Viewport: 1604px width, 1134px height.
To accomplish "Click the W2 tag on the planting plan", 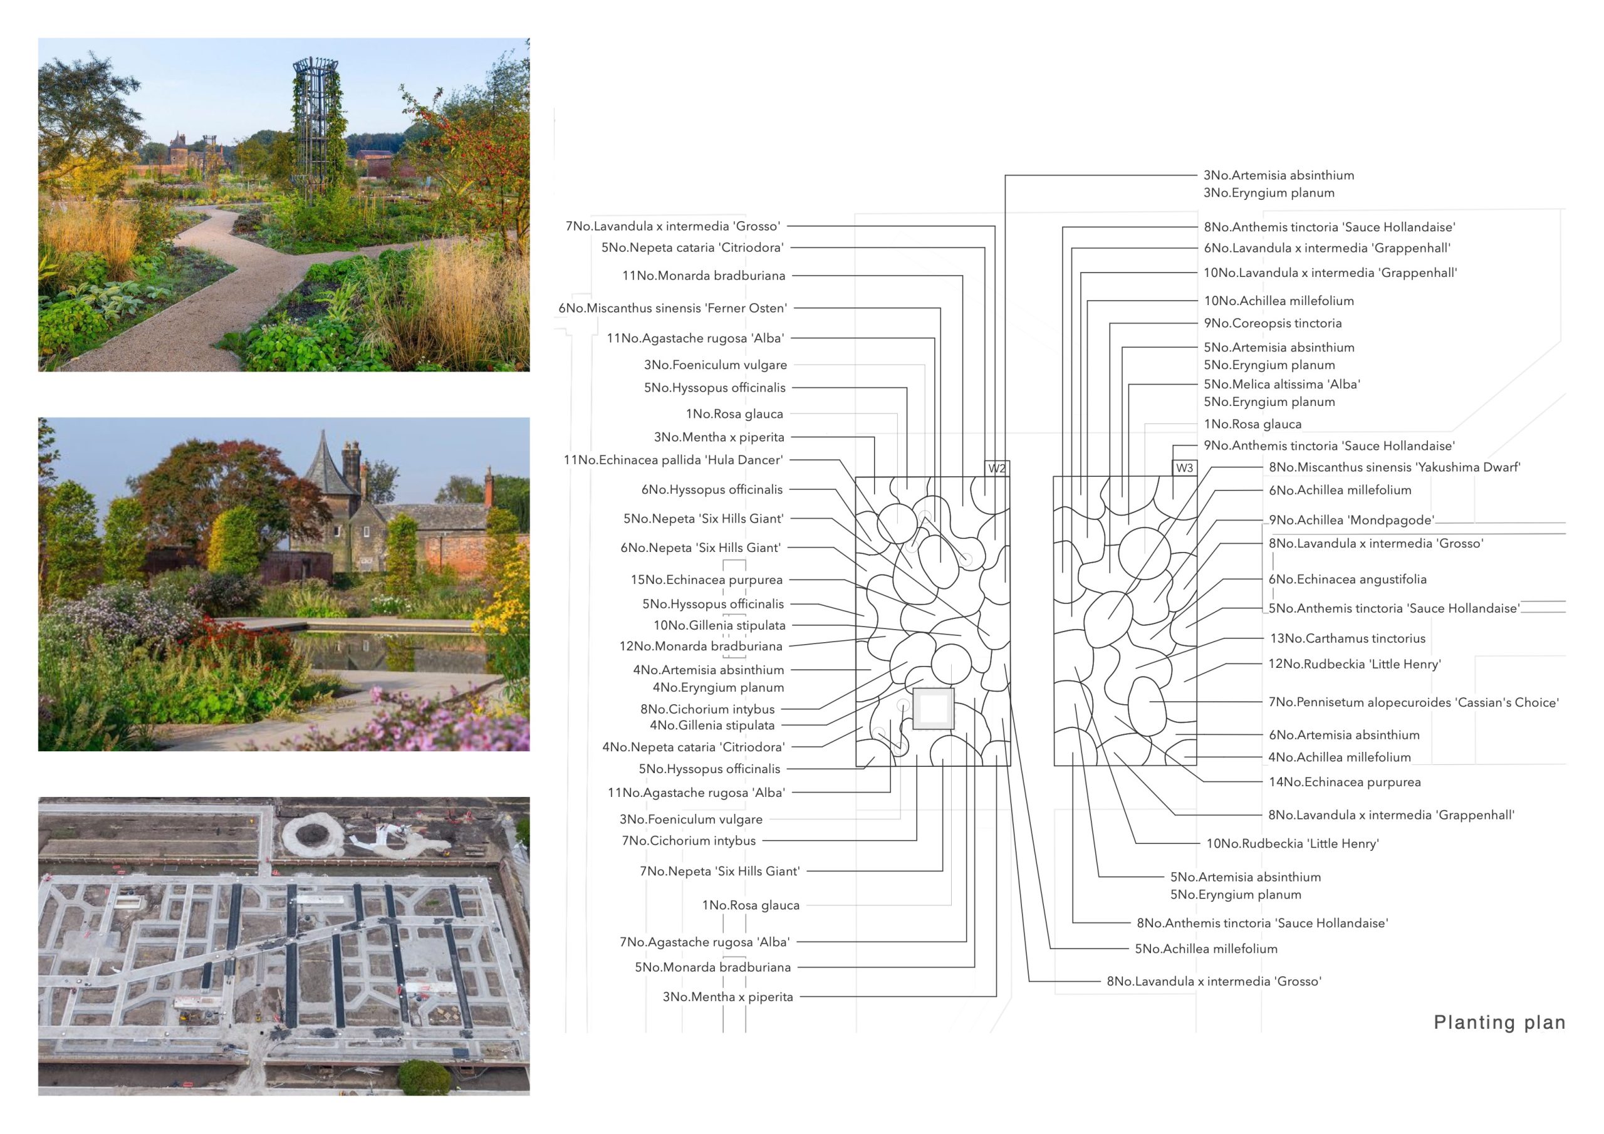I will click(x=997, y=468).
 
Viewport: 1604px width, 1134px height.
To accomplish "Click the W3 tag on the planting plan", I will click(x=1184, y=468).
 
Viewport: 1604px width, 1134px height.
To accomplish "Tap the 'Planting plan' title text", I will click(x=1499, y=1022).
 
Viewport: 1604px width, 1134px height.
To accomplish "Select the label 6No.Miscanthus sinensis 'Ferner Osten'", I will click(x=672, y=308).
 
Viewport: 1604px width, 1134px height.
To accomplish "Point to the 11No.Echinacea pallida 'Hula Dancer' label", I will click(x=674, y=460).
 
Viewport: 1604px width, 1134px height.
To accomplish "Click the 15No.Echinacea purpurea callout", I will click(x=706, y=580).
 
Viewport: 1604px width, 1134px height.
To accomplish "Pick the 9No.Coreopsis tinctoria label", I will click(x=1272, y=323).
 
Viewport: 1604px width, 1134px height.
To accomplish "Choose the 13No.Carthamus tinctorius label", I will click(x=1348, y=638).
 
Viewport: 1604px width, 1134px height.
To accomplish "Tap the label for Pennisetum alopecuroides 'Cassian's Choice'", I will click(x=1414, y=702).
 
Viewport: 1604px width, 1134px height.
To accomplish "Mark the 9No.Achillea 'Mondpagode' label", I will click(x=1351, y=520).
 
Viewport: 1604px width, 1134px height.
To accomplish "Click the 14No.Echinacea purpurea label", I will click(x=1345, y=782).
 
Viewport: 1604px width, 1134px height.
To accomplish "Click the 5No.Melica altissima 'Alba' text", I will click(x=1281, y=384).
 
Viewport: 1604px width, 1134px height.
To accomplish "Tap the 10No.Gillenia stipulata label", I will click(x=719, y=625).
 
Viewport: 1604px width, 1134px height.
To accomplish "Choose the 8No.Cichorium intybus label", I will click(x=707, y=709).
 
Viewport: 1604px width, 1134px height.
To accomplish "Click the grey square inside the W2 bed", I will click(x=934, y=709).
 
